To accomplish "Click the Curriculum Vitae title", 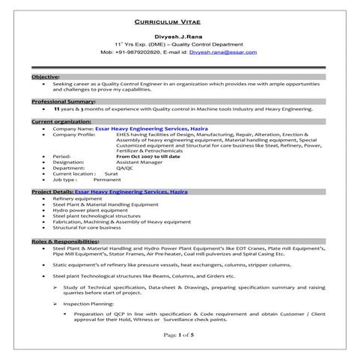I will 180,22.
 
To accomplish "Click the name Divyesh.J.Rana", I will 180,37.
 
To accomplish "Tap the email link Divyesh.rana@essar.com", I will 223,52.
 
